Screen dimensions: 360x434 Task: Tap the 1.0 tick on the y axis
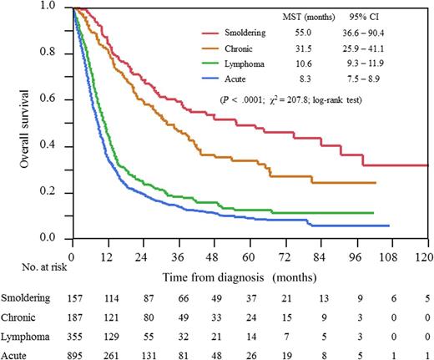click(x=57, y=7)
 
